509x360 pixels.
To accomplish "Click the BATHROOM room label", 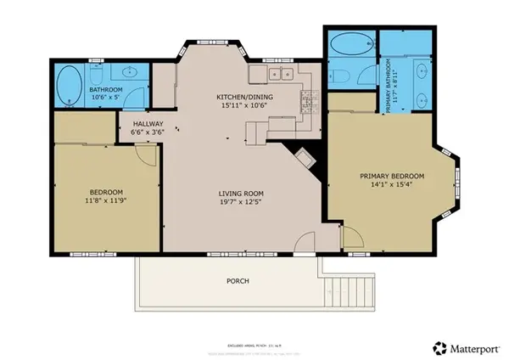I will click(108, 89).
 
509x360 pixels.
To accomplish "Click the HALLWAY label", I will click(147, 122).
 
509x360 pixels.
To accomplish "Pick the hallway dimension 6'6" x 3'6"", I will click(147, 132).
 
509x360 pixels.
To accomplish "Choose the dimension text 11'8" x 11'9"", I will click(105, 201).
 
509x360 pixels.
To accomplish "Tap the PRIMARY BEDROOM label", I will click(391, 177).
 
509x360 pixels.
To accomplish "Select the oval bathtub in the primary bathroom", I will click(350, 43).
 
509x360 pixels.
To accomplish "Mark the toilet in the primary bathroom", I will click(341, 76).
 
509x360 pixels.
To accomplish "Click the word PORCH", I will click(238, 280).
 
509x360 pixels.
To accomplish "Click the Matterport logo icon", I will click(439, 347).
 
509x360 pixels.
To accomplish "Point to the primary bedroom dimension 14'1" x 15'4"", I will click(391, 186).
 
